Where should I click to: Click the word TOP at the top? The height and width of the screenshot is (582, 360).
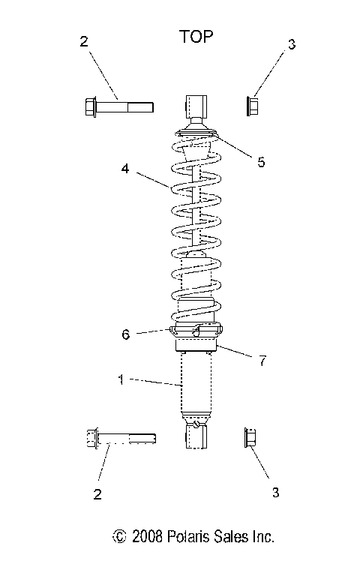tap(196, 36)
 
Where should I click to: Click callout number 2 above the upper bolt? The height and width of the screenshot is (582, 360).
tap(83, 42)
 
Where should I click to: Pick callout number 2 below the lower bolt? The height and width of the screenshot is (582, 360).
tap(97, 494)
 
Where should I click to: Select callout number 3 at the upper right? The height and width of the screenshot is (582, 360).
tap(290, 45)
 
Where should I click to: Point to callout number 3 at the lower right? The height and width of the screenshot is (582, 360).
tap(274, 493)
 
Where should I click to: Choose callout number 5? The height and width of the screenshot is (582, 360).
tap(260, 161)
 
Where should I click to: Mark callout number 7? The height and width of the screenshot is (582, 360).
tap(262, 361)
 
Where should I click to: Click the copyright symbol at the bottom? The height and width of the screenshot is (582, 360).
tap(118, 538)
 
